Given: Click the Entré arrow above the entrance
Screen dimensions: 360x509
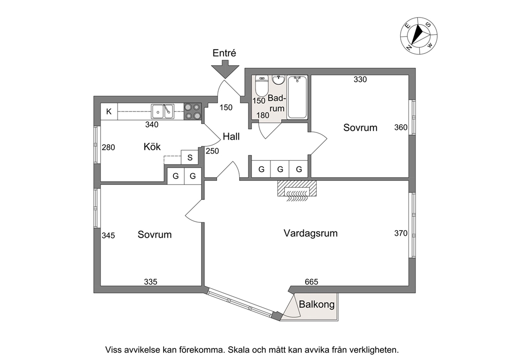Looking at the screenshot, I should (224, 68).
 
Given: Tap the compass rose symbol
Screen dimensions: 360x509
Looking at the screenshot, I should (419, 35).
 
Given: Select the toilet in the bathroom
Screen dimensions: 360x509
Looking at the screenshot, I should (261, 87).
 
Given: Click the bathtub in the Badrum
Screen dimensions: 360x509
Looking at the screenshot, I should (297, 97).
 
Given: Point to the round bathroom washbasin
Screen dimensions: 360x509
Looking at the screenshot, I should (279, 80).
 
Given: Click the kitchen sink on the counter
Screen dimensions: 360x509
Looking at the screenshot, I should (162, 110).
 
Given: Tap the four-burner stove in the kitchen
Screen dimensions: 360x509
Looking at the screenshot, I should (192, 111).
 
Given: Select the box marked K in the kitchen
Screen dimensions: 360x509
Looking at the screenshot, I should (109, 111).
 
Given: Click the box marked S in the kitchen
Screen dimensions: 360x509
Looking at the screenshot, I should (190, 158).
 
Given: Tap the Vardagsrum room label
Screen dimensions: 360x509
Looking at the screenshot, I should (310, 233).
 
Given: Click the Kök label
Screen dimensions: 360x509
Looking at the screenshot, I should (152, 147).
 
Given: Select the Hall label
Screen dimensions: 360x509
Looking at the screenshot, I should (230, 137).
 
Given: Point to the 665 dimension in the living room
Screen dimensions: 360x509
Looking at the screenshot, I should (311, 281).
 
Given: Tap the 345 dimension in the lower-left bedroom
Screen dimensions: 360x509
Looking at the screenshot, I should (108, 235).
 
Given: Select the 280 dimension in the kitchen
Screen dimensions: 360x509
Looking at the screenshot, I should (108, 147).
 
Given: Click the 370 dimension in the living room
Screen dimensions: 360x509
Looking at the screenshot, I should (401, 233).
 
